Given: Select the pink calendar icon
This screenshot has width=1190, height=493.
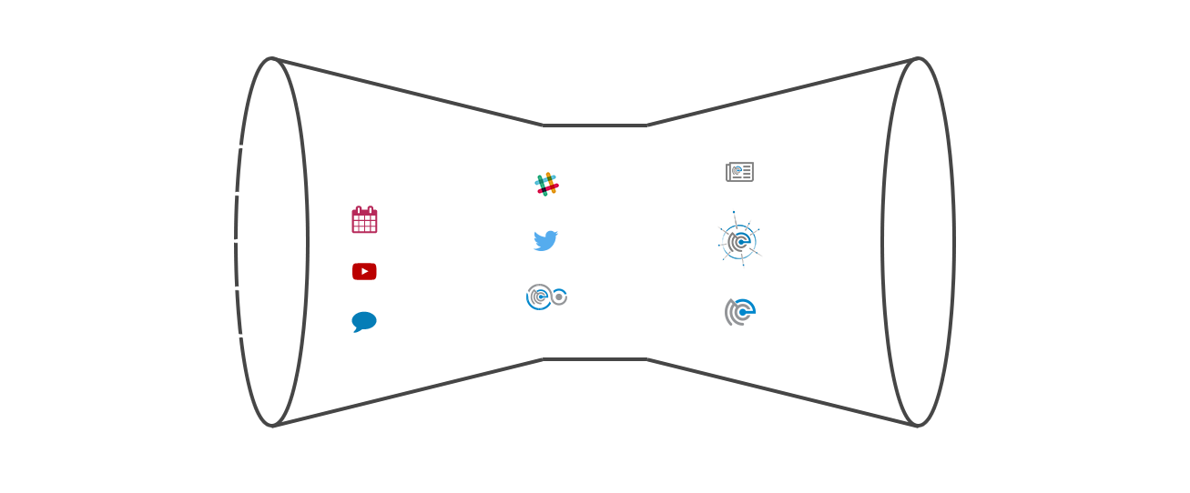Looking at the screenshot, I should point(365,220).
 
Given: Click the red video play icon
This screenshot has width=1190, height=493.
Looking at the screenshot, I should point(364,271).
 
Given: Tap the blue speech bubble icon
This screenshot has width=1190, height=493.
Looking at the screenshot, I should point(364,321).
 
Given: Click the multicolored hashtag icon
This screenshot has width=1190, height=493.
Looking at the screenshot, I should point(546,185).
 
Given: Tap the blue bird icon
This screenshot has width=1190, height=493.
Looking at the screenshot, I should point(545,241).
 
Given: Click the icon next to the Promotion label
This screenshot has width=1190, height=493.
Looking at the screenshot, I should point(546,297).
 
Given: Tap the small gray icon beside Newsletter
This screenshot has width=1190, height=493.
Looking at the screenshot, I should point(739,171).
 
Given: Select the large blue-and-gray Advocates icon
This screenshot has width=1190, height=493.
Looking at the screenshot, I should point(739,239).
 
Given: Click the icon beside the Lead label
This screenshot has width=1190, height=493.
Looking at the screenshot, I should point(740,312).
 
